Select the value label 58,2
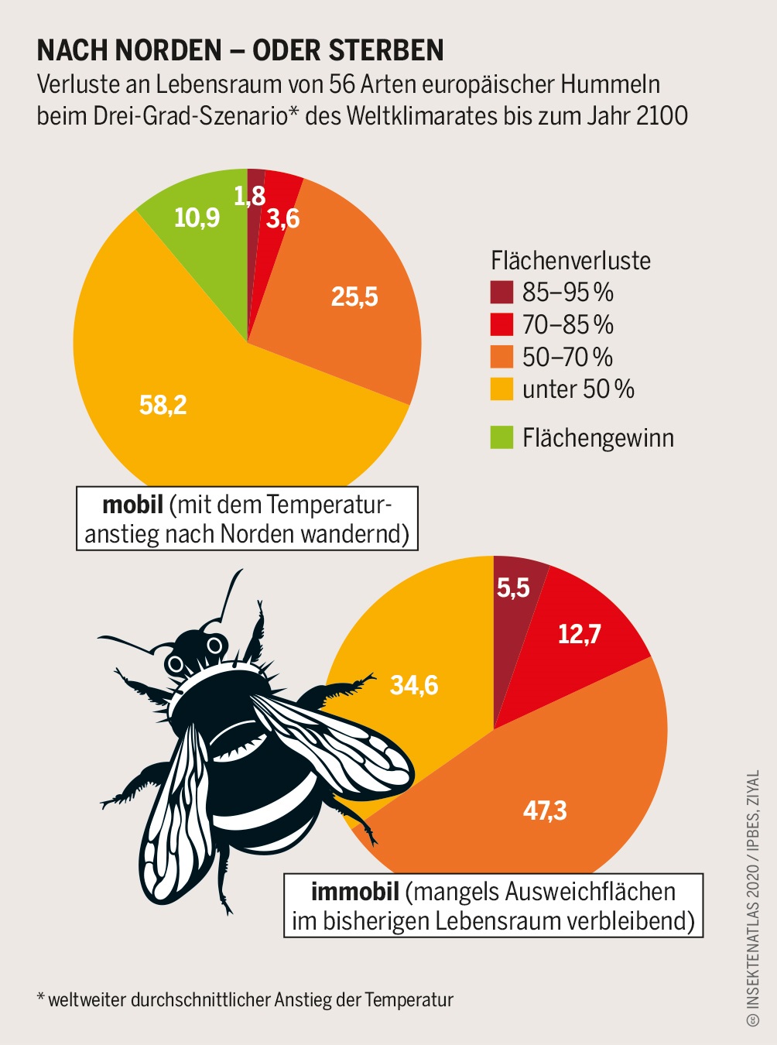tap(163, 405)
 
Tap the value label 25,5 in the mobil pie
tap(354, 296)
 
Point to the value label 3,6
tap(282, 219)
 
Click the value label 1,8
tap(250, 196)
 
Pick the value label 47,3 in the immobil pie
tap(545, 810)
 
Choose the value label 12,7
tap(580, 635)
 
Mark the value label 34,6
tap(414, 685)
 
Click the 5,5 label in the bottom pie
tap(513, 588)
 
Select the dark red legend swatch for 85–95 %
tap(501, 292)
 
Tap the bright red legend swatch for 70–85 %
tap(501, 324)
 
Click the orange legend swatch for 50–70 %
tap(501, 357)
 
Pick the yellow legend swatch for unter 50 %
tap(501, 389)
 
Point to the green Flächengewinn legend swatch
tap(501, 437)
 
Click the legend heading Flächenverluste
tap(570, 260)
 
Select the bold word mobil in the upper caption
tap(132, 505)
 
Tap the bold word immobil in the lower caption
tap(354, 892)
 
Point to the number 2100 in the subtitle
tap(662, 115)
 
